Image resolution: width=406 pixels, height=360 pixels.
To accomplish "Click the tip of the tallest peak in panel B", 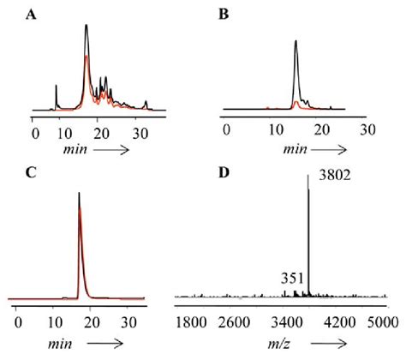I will tap(296, 41).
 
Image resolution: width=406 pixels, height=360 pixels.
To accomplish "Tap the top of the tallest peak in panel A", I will tap(87, 25).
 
